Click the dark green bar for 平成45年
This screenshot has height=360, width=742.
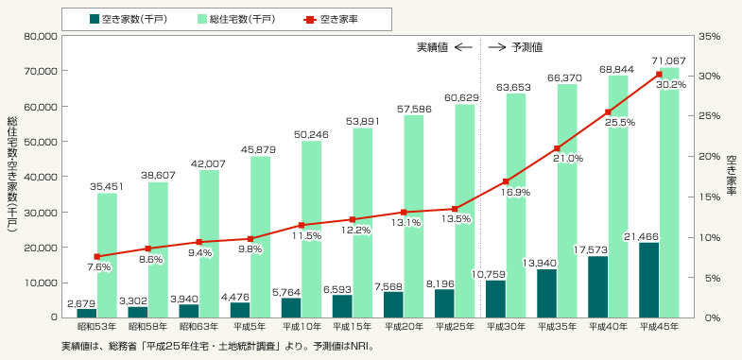(x=649, y=280)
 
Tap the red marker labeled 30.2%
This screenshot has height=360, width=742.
(x=659, y=75)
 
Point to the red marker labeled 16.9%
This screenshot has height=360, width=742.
(x=506, y=181)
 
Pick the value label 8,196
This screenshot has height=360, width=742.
(x=444, y=283)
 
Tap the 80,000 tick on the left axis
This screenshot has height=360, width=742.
(x=42, y=36)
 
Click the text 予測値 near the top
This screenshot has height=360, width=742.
(x=526, y=47)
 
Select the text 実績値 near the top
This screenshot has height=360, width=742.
(x=432, y=47)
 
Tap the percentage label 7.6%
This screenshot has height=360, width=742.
(x=99, y=267)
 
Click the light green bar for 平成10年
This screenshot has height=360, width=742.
(x=311, y=230)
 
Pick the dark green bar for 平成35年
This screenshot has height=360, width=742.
(x=547, y=293)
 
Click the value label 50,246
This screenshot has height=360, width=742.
(x=312, y=135)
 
